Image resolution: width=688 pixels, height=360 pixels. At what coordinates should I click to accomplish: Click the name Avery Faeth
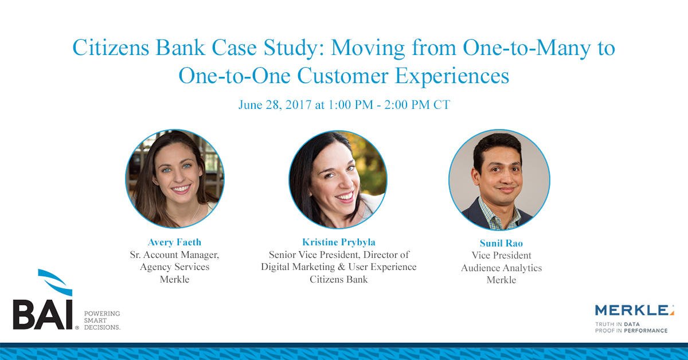click(174, 242)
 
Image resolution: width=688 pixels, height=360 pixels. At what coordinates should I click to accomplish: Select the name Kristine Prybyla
click(338, 242)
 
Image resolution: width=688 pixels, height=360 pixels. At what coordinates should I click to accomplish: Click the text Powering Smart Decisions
click(102, 320)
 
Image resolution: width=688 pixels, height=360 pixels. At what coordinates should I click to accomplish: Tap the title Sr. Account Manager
click(174, 255)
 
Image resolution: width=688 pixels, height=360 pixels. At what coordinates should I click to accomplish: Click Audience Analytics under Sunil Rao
click(501, 268)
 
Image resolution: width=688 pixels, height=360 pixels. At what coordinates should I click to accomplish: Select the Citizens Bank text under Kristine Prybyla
click(338, 280)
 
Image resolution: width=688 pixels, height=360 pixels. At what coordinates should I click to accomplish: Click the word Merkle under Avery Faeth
click(174, 280)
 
